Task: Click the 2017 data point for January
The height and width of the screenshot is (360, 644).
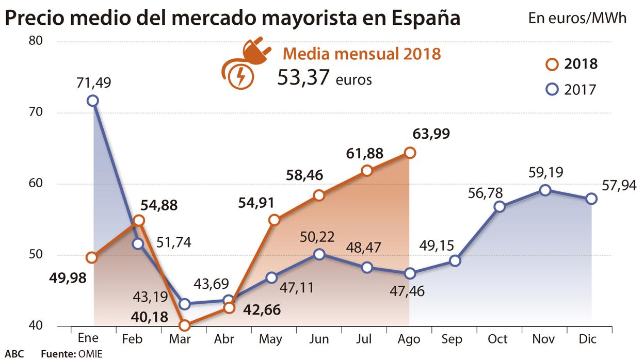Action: [x=93, y=101]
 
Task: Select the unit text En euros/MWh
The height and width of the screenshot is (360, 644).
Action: [x=577, y=19]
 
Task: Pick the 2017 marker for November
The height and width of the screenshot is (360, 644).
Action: [x=544, y=190]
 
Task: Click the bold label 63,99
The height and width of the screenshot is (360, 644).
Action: [x=431, y=134]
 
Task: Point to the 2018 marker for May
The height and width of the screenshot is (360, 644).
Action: [x=274, y=220]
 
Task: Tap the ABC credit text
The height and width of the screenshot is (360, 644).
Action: [x=14, y=354]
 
